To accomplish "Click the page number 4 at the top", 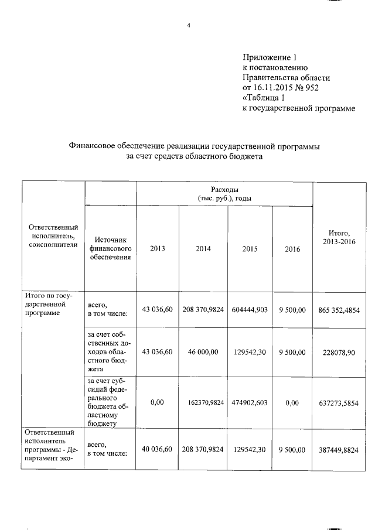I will (189, 26).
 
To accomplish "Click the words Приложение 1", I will (271, 57).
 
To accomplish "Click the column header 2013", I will (158, 249).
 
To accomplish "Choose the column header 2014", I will (203, 249).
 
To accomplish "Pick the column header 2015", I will (250, 249).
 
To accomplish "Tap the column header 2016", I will (292, 249).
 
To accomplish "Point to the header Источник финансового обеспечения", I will (111, 248).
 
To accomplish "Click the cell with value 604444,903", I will (250, 309).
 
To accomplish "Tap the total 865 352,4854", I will (340, 309).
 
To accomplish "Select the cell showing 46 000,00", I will (203, 352).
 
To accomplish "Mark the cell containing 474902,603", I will (250, 403).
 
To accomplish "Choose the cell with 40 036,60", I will (158, 449).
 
